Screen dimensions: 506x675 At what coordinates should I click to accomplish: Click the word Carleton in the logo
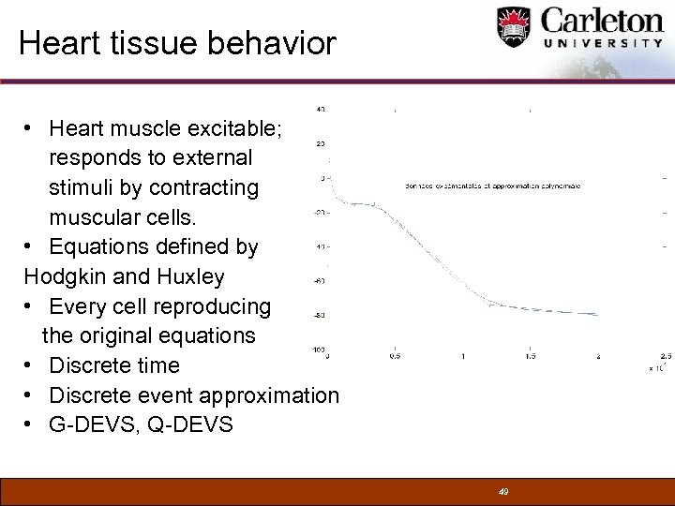[600, 22]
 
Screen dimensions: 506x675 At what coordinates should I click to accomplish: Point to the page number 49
[503, 491]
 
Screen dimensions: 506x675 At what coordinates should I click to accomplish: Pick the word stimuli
[84, 186]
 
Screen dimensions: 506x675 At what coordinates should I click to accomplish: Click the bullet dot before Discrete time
[31, 365]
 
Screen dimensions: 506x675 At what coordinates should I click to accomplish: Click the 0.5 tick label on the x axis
[396, 356]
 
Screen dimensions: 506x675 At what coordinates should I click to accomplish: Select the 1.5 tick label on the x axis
[530, 356]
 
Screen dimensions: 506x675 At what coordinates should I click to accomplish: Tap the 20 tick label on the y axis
[321, 143]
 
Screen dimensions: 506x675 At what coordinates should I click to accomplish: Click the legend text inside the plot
[493, 186]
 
